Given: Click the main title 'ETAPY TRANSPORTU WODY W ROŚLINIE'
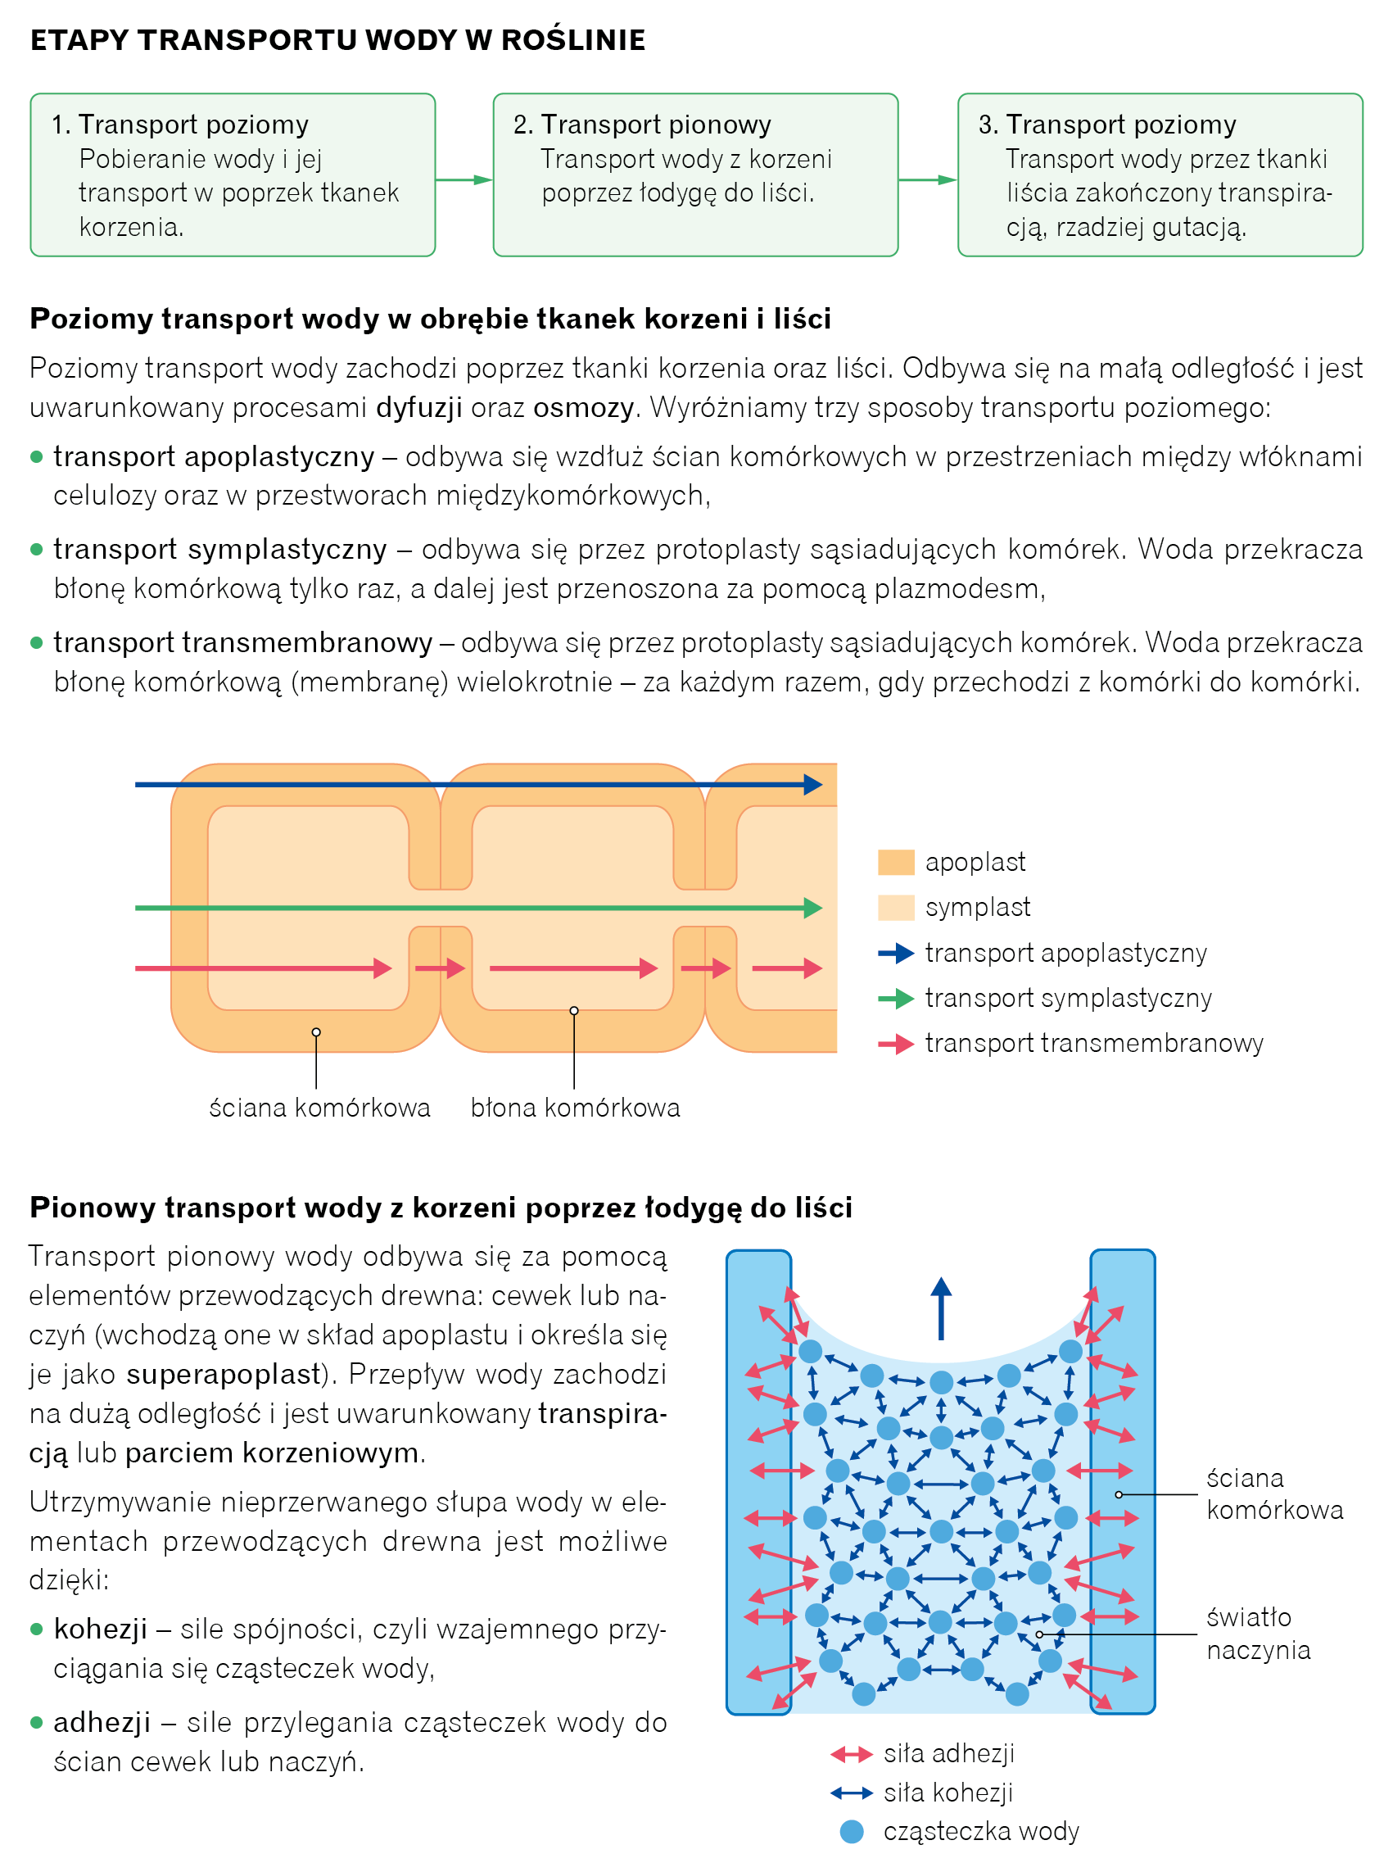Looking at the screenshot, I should (337, 39).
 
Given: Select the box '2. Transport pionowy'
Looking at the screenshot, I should (694, 175).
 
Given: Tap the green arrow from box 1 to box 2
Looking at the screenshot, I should (464, 179).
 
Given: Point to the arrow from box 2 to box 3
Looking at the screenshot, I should (928, 179).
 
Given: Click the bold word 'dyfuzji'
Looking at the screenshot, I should (419, 407).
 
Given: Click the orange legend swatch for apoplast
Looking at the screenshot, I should (896, 862).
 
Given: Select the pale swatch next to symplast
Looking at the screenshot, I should (896, 908).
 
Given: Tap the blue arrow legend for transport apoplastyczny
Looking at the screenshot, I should (896, 954).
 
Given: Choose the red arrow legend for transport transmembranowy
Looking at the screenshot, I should (896, 1045).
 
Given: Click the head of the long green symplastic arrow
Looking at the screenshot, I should (813, 908).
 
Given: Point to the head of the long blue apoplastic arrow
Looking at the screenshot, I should (813, 785).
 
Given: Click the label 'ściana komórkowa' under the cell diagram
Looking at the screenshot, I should (319, 1108).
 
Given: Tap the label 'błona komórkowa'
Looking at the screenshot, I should (575, 1108).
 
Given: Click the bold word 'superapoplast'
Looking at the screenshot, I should (224, 1374).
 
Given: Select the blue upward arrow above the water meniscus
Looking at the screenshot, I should (941, 1307).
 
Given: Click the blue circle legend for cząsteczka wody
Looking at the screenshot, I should (852, 1832).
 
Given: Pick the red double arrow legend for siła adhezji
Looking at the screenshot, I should (851, 1755).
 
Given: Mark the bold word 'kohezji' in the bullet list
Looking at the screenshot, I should (101, 1629).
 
